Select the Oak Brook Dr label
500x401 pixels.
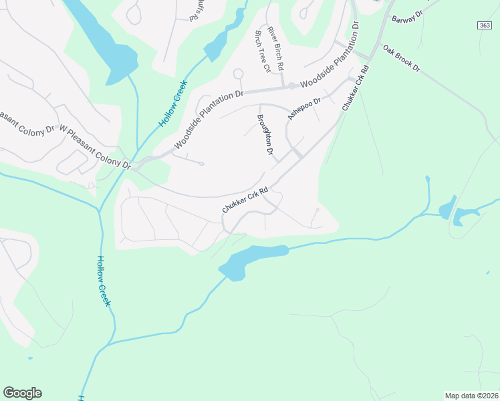401,59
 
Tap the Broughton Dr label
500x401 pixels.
265,135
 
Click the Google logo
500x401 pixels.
22,393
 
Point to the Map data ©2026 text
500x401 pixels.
471,395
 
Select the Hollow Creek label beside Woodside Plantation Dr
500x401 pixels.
173,104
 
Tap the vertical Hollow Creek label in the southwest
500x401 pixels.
104,281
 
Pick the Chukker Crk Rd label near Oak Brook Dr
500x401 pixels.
355,88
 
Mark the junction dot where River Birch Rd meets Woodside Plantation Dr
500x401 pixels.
291,86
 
